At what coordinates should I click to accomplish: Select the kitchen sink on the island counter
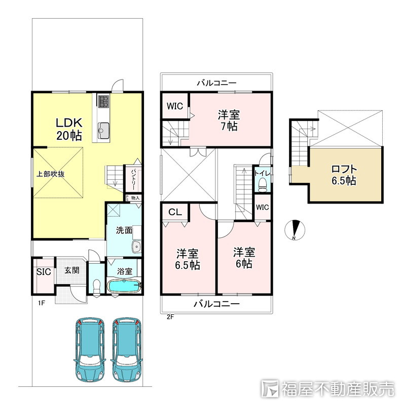tap(103, 130)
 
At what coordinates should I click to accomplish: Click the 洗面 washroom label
tap(124, 230)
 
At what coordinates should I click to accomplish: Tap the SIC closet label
tap(43, 271)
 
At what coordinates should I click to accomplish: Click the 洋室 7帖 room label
tap(229, 120)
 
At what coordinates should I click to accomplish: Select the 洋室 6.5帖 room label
tap(188, 259)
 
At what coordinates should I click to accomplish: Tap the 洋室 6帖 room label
tap(243, 257)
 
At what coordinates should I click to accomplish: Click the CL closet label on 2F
tap(175, 212)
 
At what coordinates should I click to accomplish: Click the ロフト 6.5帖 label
tap(343, 175)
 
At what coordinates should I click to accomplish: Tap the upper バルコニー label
tap(217, 82)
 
